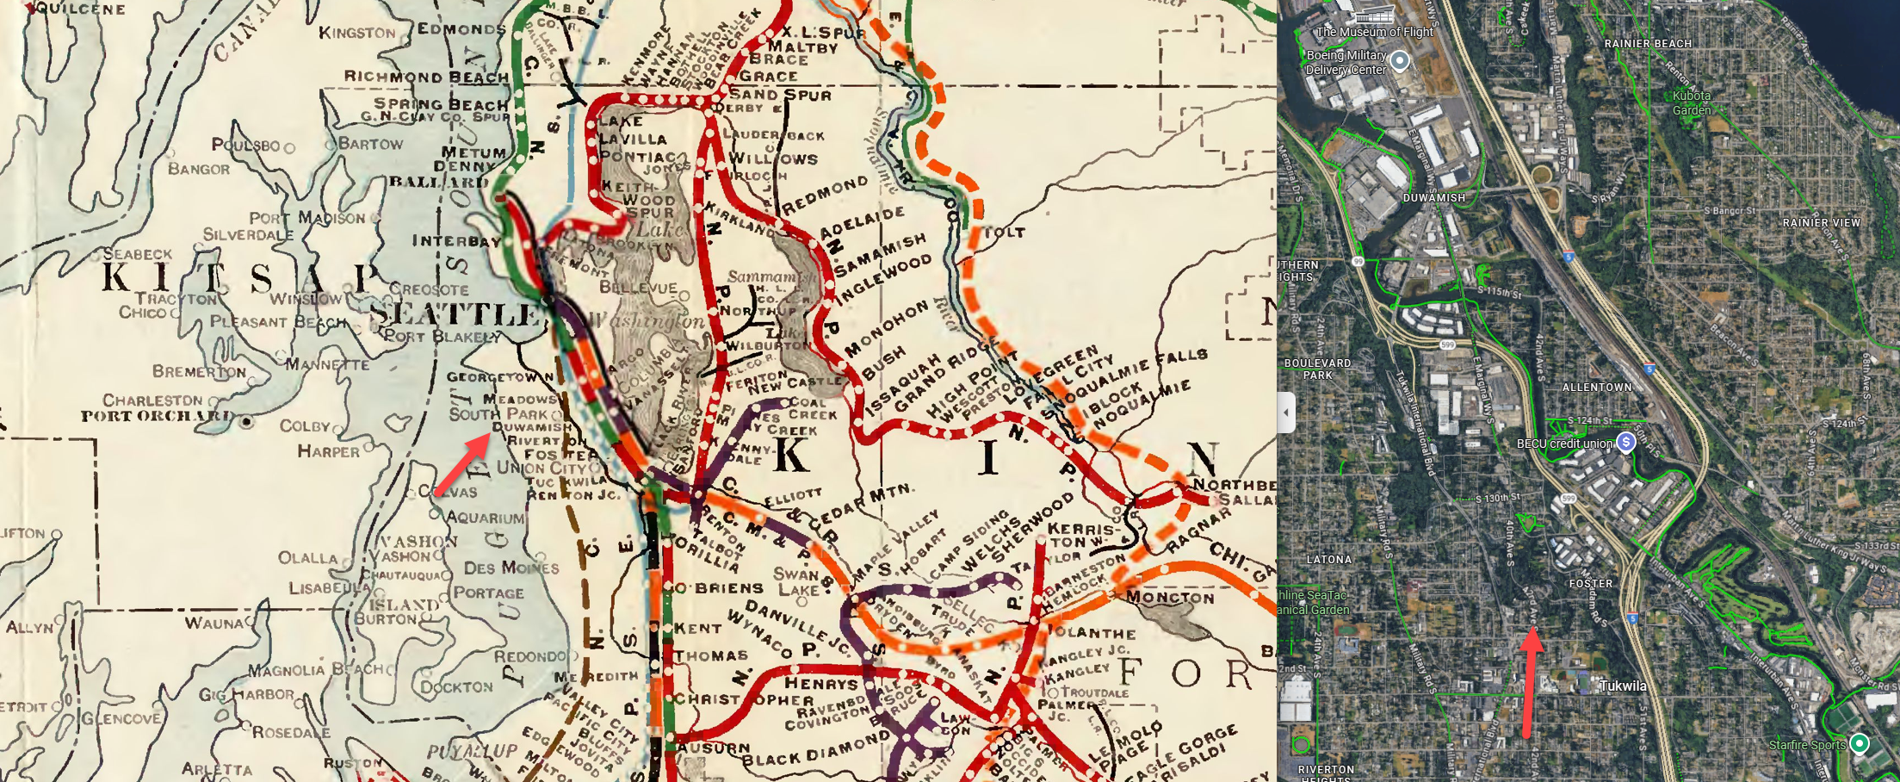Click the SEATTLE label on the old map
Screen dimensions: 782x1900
[456, 314]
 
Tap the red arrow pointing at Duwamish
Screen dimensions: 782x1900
[462, 465]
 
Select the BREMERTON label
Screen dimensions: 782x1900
[199, 371]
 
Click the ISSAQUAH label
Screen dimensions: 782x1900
[895, 385]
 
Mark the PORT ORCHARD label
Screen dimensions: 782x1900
[157, 416]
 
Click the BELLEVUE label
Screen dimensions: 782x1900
[638, 287]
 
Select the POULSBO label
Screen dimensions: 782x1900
[245, 145]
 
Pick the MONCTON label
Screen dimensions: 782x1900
[1170, 597]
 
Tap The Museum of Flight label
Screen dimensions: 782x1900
[1374, 32]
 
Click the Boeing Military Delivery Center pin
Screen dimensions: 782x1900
[1400, 60]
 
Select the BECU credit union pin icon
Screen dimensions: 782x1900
[1625, 442]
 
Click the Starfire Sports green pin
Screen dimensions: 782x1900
[1860, 742]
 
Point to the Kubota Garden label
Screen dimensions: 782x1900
[1691, 102]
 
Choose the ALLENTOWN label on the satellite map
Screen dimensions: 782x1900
[1597, 388]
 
